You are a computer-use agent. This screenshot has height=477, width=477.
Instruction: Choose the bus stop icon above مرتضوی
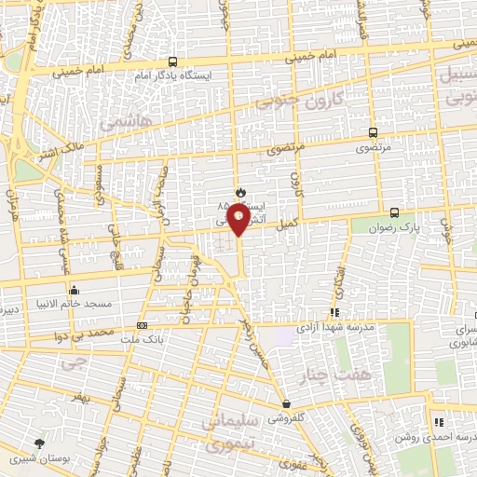click(373, 133)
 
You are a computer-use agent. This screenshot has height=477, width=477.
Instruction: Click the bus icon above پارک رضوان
click(395, 212)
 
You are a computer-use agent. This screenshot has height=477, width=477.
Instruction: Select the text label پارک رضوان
click(390, 227)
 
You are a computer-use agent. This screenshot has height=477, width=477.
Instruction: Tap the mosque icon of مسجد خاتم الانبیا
click(74, 290)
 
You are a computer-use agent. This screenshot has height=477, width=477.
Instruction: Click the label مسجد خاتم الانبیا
click(79, 304)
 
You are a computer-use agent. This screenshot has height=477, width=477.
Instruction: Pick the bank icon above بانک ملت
click(142, 325)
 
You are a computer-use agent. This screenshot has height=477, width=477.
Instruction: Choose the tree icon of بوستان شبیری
click(38, 443)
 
